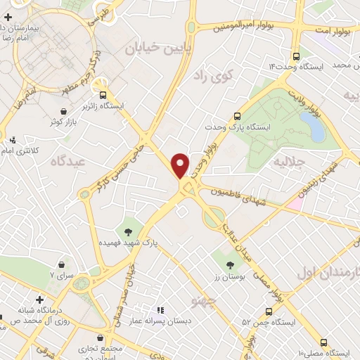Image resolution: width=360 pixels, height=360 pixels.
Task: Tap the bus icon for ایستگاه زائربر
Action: pyautogui.click(x=104, y=95)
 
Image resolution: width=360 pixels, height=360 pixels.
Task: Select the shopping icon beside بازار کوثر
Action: pyautogui.click(x=64, y=111)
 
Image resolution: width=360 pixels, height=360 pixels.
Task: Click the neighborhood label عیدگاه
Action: pyautogui.click(x=61, y=161)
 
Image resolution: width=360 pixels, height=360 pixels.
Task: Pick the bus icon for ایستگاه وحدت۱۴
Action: pyautogui.click(x=295, y=56)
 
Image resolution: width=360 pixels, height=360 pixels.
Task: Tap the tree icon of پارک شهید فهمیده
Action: pyautogui.click(x=128, y=231)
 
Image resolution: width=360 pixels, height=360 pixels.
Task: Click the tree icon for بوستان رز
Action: pyautogui.click(x=231, y=265)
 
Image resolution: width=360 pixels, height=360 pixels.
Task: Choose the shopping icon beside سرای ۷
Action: pyautogui.click(x=64, y=265)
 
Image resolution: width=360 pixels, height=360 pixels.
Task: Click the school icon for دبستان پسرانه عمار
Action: pyautogui.click(x=160, y=309)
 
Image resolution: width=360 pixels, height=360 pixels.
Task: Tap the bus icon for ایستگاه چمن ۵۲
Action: pyautogui.click(x=269, y=311)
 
